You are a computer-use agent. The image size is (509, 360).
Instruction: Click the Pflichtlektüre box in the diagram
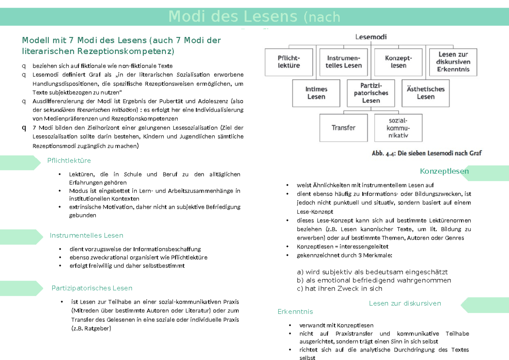tap(289, 61)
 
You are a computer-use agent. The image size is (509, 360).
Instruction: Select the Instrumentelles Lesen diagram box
tap(344, 61)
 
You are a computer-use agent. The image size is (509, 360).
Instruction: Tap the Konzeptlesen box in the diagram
tap(398, 61)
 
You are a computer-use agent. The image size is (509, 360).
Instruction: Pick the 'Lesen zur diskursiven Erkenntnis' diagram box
tap(453, 61)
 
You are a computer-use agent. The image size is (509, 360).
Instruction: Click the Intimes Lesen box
tap(316, 93)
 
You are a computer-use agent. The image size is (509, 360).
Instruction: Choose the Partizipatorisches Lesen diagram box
tap(371, 93)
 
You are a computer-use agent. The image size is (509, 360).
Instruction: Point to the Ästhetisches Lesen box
tap(425, 93)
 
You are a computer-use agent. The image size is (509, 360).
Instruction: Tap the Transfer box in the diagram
tap(344, 128)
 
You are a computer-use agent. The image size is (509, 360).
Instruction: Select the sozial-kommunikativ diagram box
tap(398, 128)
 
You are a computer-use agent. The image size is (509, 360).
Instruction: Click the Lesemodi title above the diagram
tap(371, 37)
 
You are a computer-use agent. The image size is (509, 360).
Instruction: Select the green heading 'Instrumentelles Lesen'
tap(87, 235)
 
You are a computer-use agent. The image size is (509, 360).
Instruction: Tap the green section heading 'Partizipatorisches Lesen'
tap(92, 288)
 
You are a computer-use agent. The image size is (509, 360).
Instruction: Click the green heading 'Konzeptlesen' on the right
tap(444, 171)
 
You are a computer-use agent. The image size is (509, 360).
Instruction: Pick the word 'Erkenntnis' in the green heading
tap(295, 312)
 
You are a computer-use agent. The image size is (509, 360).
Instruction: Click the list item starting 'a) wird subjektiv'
tap(372, 272)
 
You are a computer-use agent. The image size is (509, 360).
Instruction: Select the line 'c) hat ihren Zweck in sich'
tap(339, 289)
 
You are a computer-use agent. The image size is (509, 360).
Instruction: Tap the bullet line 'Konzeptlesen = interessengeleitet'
tap(342, 246)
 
